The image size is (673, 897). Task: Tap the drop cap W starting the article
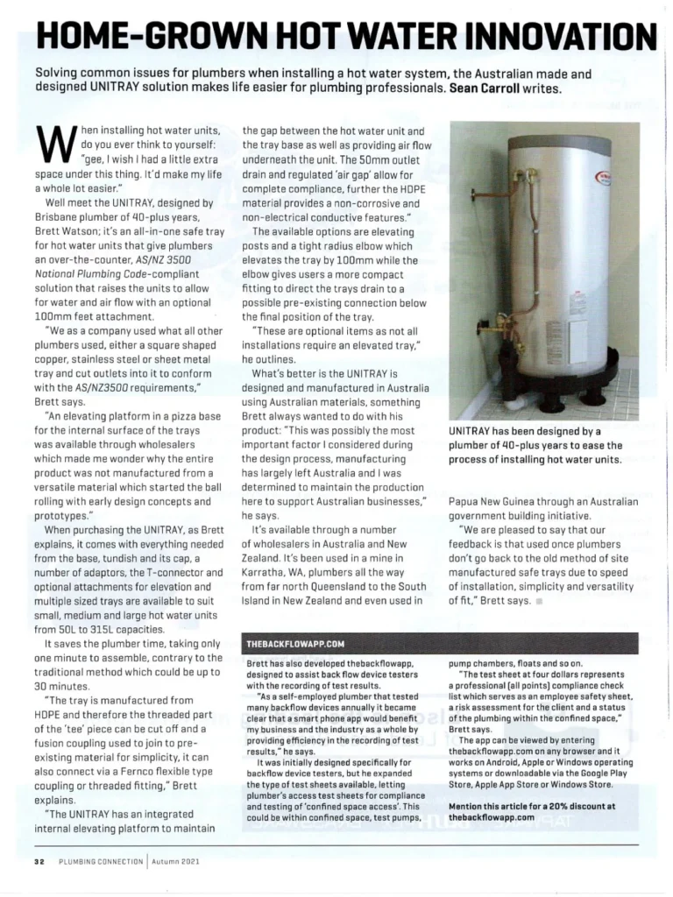tap(55, 143)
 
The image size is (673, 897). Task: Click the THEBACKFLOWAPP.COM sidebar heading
tap(288, 644)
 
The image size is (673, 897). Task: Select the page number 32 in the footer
tap(39, 861)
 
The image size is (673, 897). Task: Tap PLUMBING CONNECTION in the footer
tap(100, 861)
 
